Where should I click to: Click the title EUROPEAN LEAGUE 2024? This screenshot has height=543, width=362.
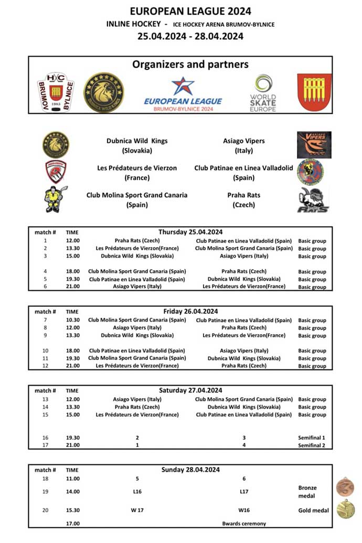tap(190, 11)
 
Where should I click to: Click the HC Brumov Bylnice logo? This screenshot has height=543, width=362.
tap(56, 92)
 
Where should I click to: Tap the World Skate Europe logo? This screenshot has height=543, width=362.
tap(263, 92)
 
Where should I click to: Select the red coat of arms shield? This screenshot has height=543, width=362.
tap(314, 92)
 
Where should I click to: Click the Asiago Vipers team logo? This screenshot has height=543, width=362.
tap(314, 145)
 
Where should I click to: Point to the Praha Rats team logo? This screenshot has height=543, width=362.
tap(313, 200)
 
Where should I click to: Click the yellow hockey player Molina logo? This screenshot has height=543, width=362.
tap(56, 199)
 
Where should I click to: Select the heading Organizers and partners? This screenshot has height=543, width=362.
tap(190, 65)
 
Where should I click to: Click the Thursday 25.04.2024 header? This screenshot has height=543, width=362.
tap(190, 232)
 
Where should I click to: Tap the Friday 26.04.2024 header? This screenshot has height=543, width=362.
tap(190, 311)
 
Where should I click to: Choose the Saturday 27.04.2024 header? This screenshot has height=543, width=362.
tap(190, 390)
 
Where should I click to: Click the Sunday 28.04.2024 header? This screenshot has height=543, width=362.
tap(190, 470)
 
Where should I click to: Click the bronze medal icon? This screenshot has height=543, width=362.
tap(345, 486)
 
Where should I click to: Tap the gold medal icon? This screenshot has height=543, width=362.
tap(346, 509)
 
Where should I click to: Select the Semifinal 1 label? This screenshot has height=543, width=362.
tap(312, 438)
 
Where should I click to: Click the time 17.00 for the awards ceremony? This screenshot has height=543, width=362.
tap(73, 523)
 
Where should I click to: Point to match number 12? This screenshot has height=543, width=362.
tap(46, 366)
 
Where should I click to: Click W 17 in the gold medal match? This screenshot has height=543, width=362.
tap(137, 510)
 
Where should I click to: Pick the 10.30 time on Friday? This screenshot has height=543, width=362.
tap(73, 320)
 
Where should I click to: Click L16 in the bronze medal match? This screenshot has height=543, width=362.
tap(137, 492)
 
